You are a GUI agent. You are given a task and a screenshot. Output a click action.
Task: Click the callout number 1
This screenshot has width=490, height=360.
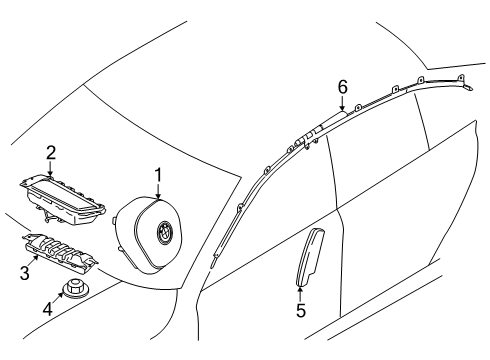pyautogui.click(x=158, y=175)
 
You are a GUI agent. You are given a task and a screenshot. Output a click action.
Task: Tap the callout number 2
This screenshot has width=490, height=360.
pyautogui.click(x=51, y=153)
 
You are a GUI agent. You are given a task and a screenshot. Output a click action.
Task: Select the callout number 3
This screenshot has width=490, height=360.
pyautogui.click(x=25, y=273)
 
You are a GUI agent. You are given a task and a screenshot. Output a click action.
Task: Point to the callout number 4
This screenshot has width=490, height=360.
pyautogui.click(x=48, y=308)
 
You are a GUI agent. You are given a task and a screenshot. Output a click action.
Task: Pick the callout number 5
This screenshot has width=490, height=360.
pyautogui.click(x=301, y=311)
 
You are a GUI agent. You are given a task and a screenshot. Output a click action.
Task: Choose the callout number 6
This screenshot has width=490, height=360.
pyautogui.click(x=342, y=87)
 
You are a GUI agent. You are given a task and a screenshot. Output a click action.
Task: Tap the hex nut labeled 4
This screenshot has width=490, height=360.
pyautogui.click(x=73, y=288)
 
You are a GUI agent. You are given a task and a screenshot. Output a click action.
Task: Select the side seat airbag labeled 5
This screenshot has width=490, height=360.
pyautogui.click(x=308, y=257)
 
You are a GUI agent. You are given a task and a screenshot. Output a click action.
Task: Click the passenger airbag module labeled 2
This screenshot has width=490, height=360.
pyautogui.click(x=63, y=198)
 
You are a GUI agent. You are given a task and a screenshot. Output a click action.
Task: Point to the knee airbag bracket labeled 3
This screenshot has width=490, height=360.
pyautogui.click(x=60, y=251)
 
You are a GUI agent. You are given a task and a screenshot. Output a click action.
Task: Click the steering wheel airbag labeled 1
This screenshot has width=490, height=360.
pyautogui.click(x=149, y=235)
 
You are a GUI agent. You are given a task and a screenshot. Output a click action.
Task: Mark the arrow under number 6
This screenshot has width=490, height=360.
pyautogui.click(x=342, y=103)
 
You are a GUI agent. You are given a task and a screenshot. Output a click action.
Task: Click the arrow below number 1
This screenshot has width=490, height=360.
pyautogui.click(x=158, y=192)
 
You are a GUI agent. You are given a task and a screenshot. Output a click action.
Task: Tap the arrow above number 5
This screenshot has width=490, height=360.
pyautogui.click(x=300, y=294)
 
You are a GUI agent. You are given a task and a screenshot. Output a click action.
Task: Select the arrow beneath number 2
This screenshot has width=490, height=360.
pyautogui.click(x=50, y=169)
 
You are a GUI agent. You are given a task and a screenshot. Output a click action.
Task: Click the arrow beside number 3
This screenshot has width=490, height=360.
pyautogui.click(x=34, y=261)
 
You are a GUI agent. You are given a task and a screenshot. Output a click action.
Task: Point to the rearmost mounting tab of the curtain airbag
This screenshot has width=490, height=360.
pyautogui.click(x=461, y=78)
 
